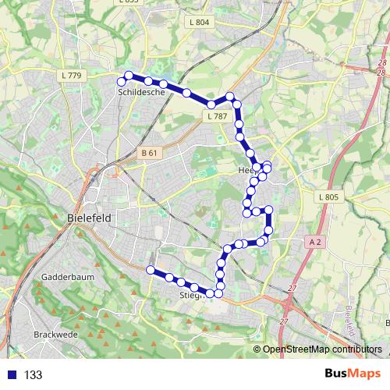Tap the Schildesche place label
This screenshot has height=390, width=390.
click(x=141, y=92)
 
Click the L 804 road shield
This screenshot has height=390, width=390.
click(x=199, y=23)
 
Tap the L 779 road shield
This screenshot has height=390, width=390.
click(x=69, y=75)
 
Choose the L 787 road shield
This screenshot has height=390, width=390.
click(x=218, y=116)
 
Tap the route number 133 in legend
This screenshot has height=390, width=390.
click(x=34, y=375)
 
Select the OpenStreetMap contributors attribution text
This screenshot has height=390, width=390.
click(x=322, y=349)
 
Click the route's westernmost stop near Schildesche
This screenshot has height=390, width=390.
click(x=121, y=81)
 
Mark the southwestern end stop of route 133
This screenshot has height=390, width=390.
click(x=150, y=270)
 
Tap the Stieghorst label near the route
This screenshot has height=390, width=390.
click(x=192, y=296)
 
